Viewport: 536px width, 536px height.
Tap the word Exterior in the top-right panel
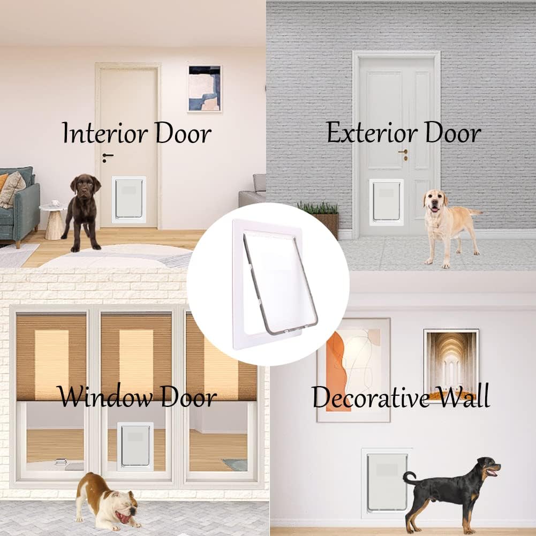(362, 133)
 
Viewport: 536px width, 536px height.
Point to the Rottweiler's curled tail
(410, 477)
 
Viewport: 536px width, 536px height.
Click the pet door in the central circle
(273, 284)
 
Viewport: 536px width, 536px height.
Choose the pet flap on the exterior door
(386, 202)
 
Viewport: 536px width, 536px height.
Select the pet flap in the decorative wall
(386, 482)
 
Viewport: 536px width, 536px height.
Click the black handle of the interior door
(108, 156)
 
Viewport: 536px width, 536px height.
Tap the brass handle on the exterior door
(403, 154)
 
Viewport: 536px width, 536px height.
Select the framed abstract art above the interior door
(204, 88)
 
